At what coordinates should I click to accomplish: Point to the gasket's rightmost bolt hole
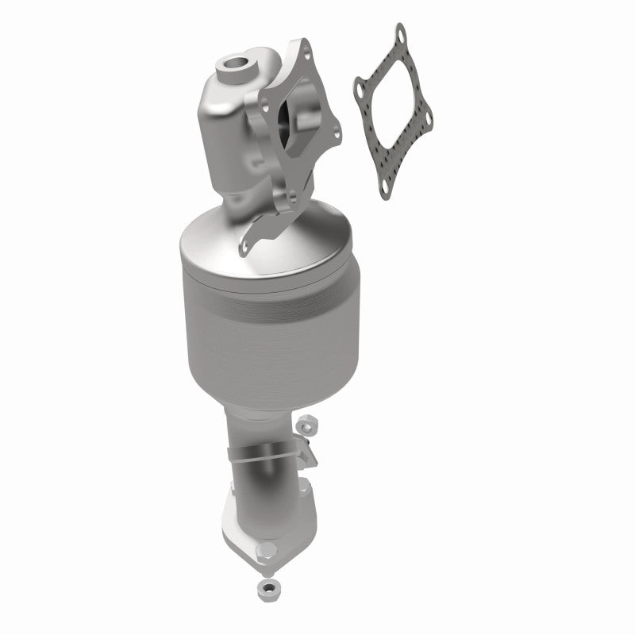[429, 120]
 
